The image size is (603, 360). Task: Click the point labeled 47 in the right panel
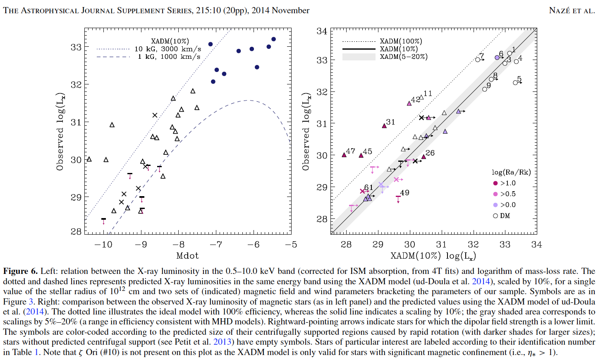pyautogui.click(x=344, y=155)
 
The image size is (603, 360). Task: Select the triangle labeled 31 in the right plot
pyautogui.click(x=384, y=125)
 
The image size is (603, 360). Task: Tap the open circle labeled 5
pyautogui.click(x=515, y=83)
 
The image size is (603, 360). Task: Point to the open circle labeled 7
pyautogui.click(x=478, y=60)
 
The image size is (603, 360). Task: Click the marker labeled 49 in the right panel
pyautogui.click(x=398, y=197)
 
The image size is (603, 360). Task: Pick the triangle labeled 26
pyautogui.click(x=424, y=157)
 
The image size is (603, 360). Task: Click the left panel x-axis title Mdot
pyautogui.click(x=187, y=256)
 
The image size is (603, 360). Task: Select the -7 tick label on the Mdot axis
pyautogui.click(x=216, y=245)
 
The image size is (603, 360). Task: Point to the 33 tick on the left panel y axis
pyautogui.click(x=76, y=47)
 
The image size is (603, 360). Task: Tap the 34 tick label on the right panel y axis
pyautogui.click(x=322, y=31)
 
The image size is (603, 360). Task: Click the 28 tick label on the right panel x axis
pyautogui.click(x=346, y=245)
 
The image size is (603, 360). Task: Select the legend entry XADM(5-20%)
pyautogui.click(x=404, y=57)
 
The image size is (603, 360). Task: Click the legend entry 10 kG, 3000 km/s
pyautogui.click(x=167, y=49)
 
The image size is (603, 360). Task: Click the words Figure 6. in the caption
pyautogui.click(x=20, y=271)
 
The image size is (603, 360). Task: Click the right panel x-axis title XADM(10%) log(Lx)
pyautogui.click(x=433, y=256)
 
